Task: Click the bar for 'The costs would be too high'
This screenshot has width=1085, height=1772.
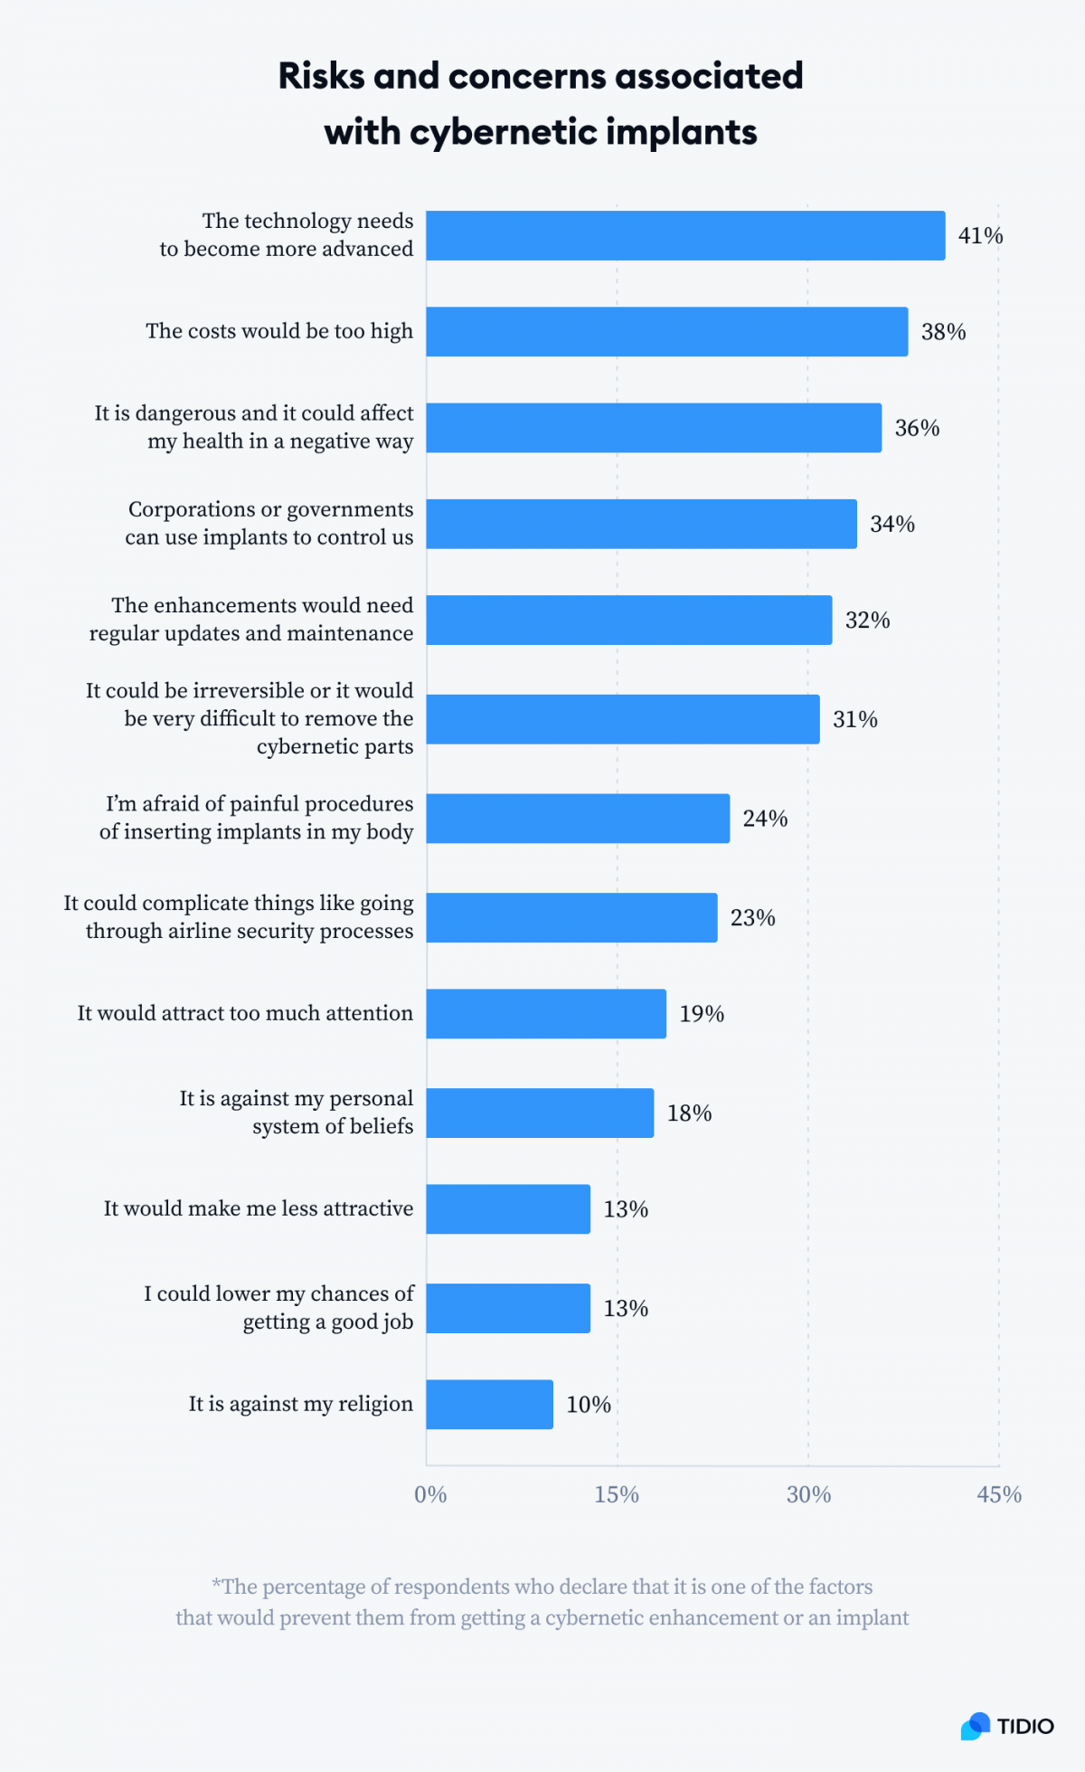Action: pyautogui.click(x=666, y=331)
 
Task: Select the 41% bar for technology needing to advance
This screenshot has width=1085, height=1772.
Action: pyautogui.click(x=685, y=235)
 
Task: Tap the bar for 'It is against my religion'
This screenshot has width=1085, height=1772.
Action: pyautogui.click(x=489, y=1404)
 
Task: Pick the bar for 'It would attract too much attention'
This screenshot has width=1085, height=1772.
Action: pyautogui.click(x=546, y=1013)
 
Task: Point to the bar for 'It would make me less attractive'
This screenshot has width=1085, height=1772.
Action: pyautogui.click(x=508, y=1208)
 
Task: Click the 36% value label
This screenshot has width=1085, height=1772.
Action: pyautogui.click(x=917, y=428)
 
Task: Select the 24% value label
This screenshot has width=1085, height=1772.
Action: pyautogui.click(x=765, y=819)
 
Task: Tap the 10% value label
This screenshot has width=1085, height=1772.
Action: pyautogui.click(x=589, y=1405)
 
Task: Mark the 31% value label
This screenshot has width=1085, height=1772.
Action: pyautogui.click(x=855, y=719)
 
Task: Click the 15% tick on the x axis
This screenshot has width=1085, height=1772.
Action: pyautogui.click(x=617, y=1494)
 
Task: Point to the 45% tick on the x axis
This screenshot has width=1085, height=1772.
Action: pyautogui.click(x=999, y=1494)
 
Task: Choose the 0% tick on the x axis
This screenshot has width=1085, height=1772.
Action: pyautogui.click(x=430, y=1494)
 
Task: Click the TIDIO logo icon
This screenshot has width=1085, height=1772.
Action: pyautogui.click(x=976, y=1726)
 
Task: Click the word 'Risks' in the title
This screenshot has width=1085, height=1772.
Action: pyautogui.click(x=321, y=76)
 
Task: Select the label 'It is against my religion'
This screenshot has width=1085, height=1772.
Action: pyautogui.click(x=300, y=1404)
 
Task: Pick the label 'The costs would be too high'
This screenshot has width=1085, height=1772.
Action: pyautogui.click(x=279, y=331)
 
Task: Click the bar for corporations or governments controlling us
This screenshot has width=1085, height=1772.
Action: pyautogui.click(x=641, y=524)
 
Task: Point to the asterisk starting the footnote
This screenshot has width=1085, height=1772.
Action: pyautogui.click(x=216, y=1585)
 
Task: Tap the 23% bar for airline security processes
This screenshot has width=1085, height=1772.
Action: pyautogui.click(x=571, y=917)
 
